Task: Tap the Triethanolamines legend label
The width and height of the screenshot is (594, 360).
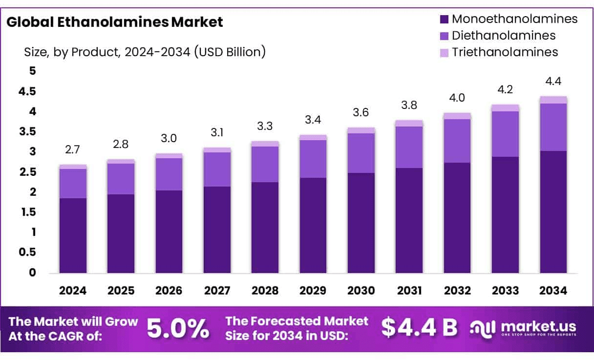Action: click(x=505, y=52)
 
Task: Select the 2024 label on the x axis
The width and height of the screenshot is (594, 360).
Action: click(x=73, y=291)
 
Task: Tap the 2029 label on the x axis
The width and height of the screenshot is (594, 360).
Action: click(x=313, y=291)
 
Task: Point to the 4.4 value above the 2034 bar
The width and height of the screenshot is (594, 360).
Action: click(x=553, y=81)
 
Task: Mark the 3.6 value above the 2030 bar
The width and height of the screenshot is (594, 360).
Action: click(x=361, y=112)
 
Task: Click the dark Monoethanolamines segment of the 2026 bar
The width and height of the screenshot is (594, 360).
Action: click(x=169, y=231)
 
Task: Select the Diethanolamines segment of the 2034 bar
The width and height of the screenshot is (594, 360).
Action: click(x=553, y=127)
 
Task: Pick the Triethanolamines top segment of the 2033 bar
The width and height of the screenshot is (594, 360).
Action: click(x=506, y=108)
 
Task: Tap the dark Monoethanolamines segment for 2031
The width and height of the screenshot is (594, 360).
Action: click(x=409, y=220)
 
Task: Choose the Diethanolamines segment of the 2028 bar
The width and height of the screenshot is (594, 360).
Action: click(x=265, y=164)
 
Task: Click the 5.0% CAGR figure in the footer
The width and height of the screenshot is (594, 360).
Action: click(x=178, y=329)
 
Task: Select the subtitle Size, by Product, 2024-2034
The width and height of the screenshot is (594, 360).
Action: click(x=145, y=52)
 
